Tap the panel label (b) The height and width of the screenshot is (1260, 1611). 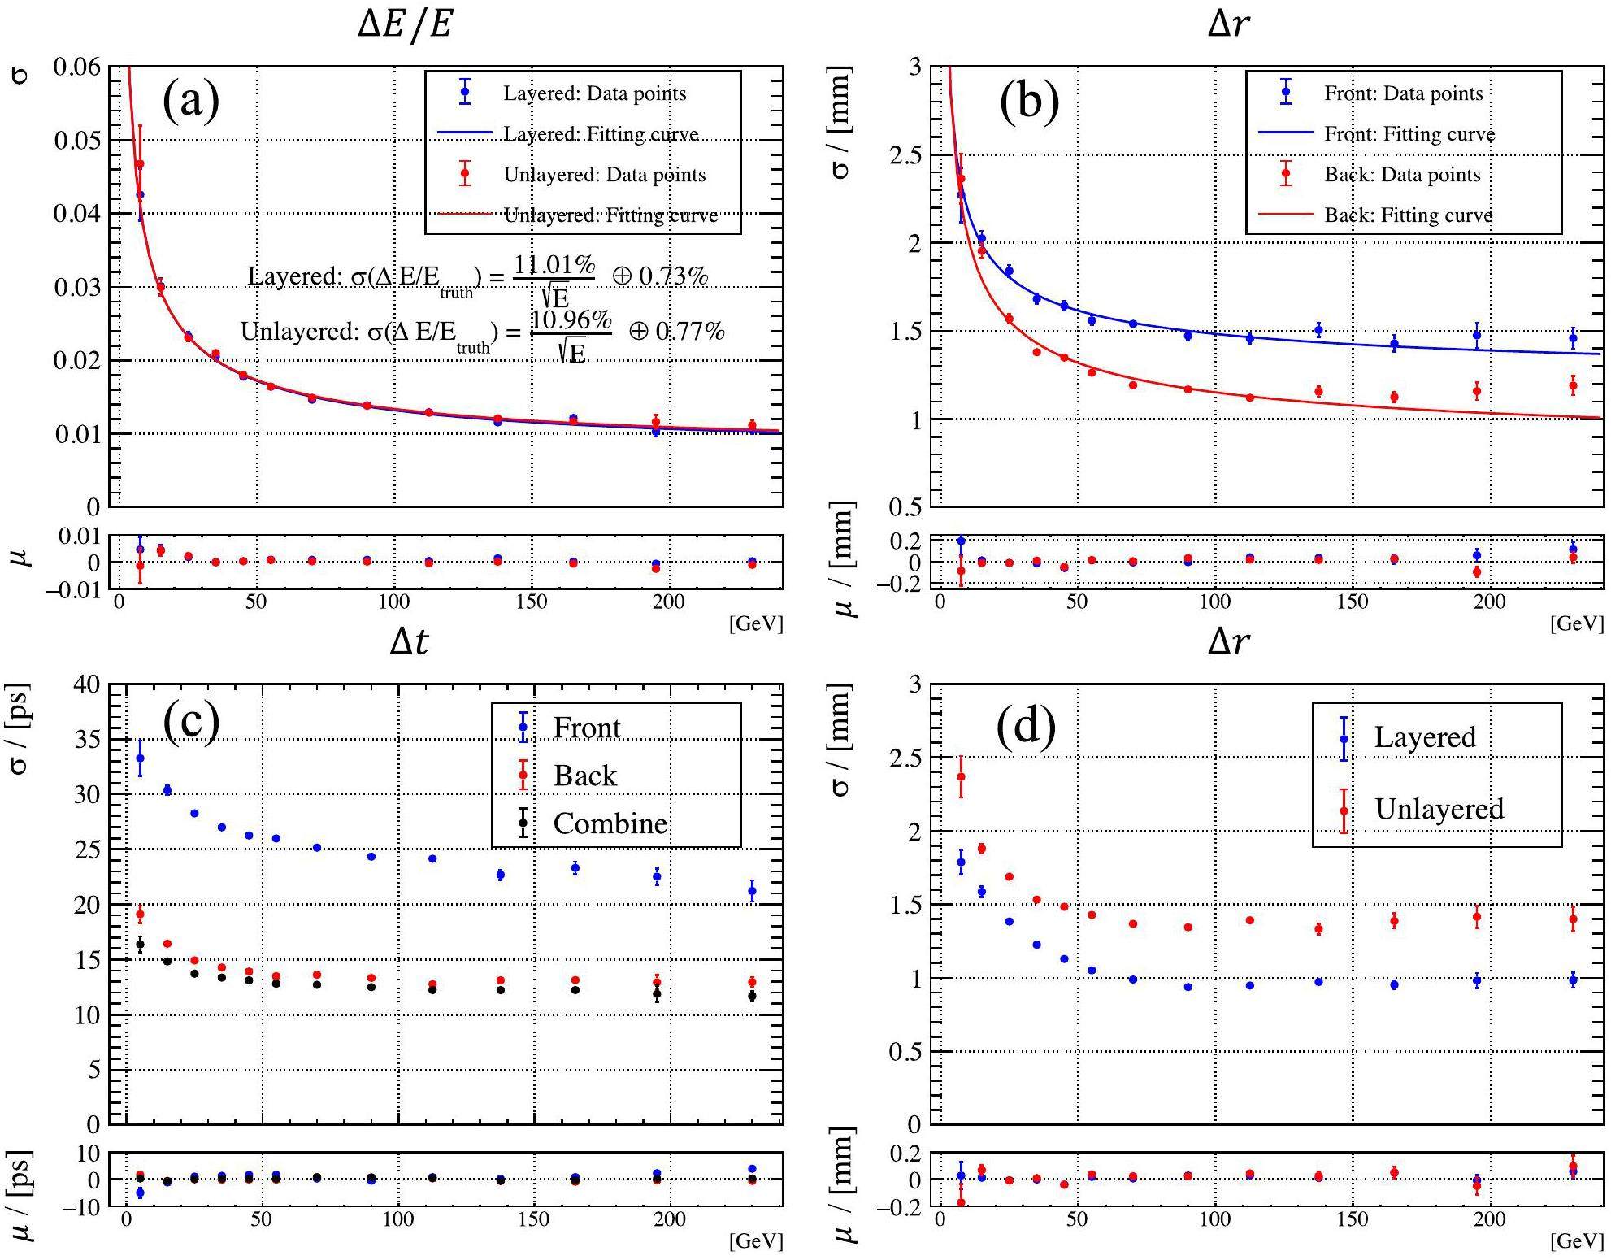1029,102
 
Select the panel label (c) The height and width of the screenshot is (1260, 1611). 191,719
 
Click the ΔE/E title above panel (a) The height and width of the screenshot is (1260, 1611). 404,24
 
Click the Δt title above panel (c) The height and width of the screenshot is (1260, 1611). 409,642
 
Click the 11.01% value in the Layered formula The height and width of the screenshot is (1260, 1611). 555,264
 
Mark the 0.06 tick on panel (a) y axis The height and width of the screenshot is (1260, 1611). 77,67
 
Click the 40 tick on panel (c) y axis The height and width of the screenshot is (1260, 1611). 87,685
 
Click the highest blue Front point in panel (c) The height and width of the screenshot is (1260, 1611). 140,758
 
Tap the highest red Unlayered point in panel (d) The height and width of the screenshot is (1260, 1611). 961,776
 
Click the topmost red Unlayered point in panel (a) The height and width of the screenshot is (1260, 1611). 140,163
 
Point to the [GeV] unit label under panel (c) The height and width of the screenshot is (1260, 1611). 756,1240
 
